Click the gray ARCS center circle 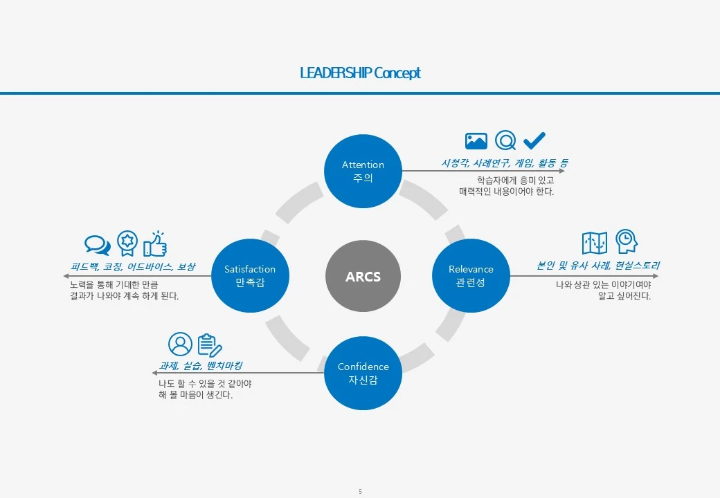[x=363, y=277]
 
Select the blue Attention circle [x=363, y=171]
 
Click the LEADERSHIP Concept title [x=360, y=73]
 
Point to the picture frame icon [x=476, y=141]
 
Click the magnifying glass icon [x=506, y=141]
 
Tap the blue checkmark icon [x=534, y=141]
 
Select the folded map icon [x=595, y=243]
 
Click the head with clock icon [x=627, y=241]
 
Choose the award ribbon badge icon [x=127, y=243]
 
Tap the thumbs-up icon [x=155, y=243]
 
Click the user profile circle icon [x=180, y=344]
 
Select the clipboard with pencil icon [x=210, y=344]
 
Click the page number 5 [x=360, y=492]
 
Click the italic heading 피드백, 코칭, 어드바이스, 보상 [x=133, y=266]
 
